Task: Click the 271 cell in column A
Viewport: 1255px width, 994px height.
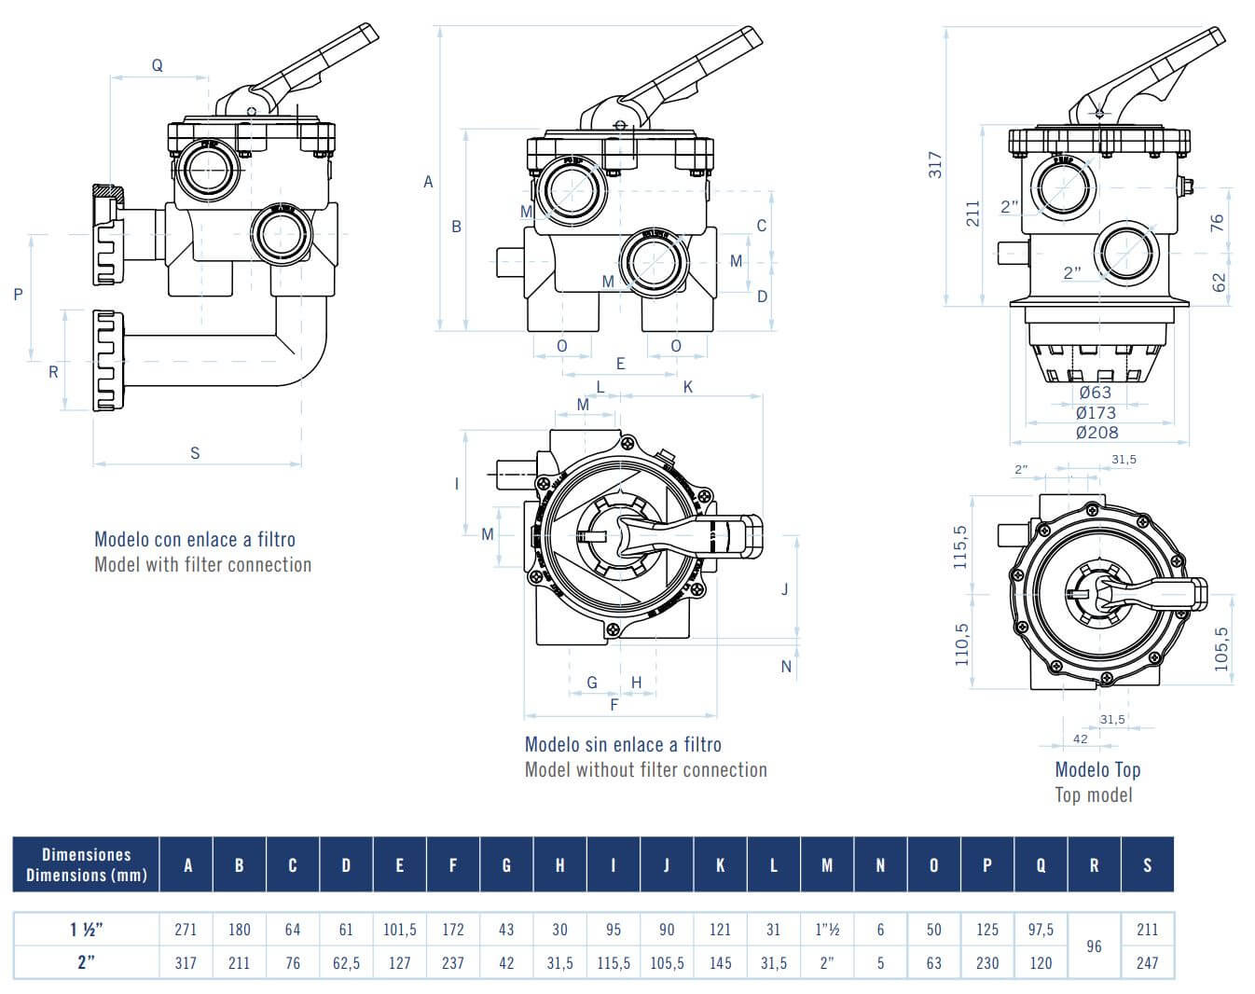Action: click(x=186, y=930)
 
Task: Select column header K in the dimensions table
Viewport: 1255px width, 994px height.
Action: click(x=720, y=865)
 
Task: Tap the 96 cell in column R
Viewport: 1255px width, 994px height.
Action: click(x=1094, y=946)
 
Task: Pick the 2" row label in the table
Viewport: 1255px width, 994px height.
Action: click(x=86, y=962)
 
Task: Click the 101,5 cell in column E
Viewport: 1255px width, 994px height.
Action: click(x=399, y=930)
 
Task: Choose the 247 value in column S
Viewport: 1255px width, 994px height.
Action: click(x=1147, y=962)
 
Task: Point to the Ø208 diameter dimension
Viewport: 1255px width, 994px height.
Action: click(x=1096, y=432)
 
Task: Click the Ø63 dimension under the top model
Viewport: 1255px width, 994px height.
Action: click(x=1096, y=393)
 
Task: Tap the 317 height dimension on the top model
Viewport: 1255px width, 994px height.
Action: click(x=936, y=165)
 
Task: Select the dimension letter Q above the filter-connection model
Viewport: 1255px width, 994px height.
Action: click(x=158, y=65)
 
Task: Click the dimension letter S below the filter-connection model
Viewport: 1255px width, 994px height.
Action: click(x=195, y=453)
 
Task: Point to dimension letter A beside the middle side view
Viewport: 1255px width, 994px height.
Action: click(x=428, y=182)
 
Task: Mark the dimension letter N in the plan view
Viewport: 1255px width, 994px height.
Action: click(x=786, y=666)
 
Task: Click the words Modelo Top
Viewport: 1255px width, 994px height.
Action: click(x=1097, y=769)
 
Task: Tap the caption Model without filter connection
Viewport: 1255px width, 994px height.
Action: click(x=646, y=769)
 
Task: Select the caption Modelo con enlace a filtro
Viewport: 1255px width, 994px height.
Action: click(x=195, y=539)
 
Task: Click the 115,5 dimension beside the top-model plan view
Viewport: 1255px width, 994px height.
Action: click(x=961, y=546)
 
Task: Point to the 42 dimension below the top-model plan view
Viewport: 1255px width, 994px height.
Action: click(x=1080, y=739)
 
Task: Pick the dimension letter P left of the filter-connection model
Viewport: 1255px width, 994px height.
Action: click(x=19, y=295)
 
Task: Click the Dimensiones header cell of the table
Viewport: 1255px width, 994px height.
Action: click(x=86, y=864)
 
